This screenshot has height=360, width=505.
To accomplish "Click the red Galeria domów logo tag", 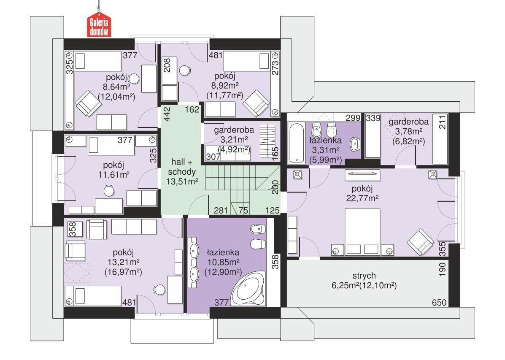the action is (x=99, y=25).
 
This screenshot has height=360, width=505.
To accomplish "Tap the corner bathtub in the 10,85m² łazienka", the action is (x=248, y=289).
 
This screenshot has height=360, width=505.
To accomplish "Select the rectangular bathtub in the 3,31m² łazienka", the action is (x=296, y=143).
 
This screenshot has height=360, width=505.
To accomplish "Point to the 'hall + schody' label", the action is (x=182, y=167).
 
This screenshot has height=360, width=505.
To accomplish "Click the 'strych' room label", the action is (x=364, y=276).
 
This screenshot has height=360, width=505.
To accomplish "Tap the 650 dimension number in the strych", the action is (x=439, y=302).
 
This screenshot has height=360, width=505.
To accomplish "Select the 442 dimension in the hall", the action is (x=167, y=114).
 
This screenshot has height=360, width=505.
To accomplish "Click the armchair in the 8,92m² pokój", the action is (x=256, y=103).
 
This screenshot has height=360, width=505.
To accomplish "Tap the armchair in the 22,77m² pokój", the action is (x=420, y=242).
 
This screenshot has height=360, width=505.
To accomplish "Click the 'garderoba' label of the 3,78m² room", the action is (x=408, y=122).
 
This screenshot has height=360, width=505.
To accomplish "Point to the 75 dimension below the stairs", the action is (x=243, y=211).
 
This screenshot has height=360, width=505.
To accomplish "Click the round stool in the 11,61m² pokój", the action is (x=109, y=191).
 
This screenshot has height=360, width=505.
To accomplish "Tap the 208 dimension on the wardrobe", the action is (x=167, y=65).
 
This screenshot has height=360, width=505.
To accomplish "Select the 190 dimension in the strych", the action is (x=442, y=269).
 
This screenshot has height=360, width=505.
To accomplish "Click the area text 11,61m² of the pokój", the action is (x=113, y=175).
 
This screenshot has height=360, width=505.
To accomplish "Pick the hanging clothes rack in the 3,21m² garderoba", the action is (x=267, y=142).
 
